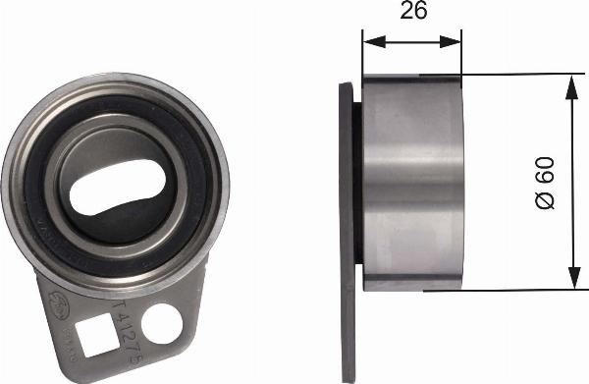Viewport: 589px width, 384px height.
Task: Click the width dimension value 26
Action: click(x=412, y=13)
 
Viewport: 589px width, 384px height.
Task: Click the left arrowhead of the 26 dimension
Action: click(x=369, y=42)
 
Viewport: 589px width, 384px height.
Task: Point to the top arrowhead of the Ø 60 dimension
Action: click(x=571, y=82)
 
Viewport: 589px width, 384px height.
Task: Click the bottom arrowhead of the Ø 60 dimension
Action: click(x=571, y=283)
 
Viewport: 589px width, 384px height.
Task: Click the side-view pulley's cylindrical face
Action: click(x=412, y=182)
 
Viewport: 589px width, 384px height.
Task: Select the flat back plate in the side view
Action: click(x=347, y=196)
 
